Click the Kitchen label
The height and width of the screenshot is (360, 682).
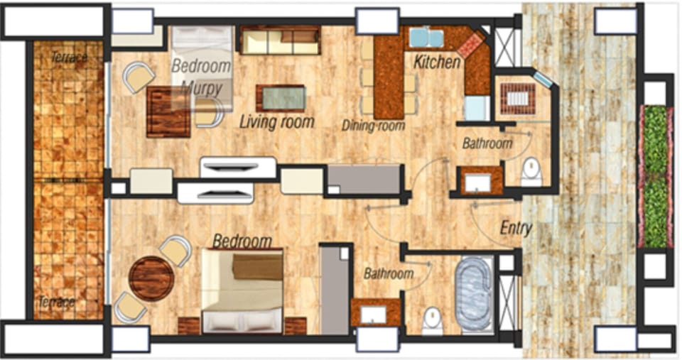[x=437, y=62]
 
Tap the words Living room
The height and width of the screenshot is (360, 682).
[x=277, y=121]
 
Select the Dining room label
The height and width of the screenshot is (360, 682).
[x=373, y=126]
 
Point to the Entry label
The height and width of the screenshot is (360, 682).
[x=516, y=228]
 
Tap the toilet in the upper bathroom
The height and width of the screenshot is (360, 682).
[x=531, y=172]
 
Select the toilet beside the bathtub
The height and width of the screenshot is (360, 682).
[x=433, y=320]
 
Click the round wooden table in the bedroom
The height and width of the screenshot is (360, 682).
[x=151, y=278]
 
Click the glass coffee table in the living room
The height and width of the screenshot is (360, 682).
[x=281, y=98]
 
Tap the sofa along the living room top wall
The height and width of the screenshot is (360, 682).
[x=280, y=40]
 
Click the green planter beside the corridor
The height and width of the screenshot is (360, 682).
[x=654, y=176]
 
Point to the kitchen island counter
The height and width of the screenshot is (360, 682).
[x=389, y=77]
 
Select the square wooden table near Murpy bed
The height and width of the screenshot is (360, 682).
[x=168, y=111]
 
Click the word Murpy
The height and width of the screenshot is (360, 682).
[x=202, y=88]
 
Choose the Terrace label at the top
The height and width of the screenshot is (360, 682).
[x=69, y=57]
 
